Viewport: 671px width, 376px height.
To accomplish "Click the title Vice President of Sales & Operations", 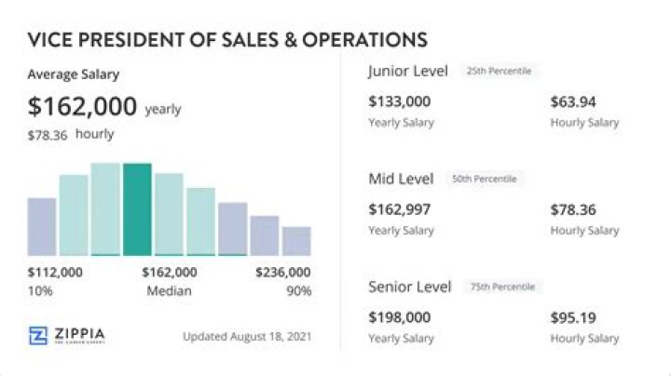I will pyautogui.click(x=227, y=39).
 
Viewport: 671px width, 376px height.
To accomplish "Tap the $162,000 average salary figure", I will pyautogui.click(x=82, y=106).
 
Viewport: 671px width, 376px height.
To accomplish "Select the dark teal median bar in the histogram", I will pyautogui.click(x=137, y=209).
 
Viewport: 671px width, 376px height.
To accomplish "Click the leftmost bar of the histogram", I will pyautogui.click(x=42, y=226).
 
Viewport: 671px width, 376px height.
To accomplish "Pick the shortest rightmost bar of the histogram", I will pyautogui.click(x=296, y=240).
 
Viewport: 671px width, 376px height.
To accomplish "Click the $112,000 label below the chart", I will pyautogui.click(x=55, y=273).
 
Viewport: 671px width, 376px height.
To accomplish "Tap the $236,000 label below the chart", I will pyautogui.click(x=283, y=273).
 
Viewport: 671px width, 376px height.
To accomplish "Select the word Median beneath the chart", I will pyautogui.click(x=169, y=291).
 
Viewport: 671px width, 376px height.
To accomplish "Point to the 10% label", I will pyautogui.click(x=40, y=291).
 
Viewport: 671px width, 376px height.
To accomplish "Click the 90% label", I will pyautogui.click(x=299, y=291).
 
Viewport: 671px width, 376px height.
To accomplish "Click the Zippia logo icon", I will pyautogui.click(x=38, y=336).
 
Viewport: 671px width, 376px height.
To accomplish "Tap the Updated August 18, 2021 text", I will pyautogui.click(x=246, y=336).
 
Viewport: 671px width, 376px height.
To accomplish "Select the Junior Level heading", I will pyautogui.click(x=407, y=71).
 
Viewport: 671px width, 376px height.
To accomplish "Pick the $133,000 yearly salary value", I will pyautogui.click(x=399, y=101).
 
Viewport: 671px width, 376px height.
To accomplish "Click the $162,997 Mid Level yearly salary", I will pyautogui.click(x=399, y=209).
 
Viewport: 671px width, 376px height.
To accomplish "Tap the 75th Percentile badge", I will pyautogui.click(x=502, y=287).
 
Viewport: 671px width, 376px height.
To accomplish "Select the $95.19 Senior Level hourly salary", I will pyautogui.click(x=572, y=317).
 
